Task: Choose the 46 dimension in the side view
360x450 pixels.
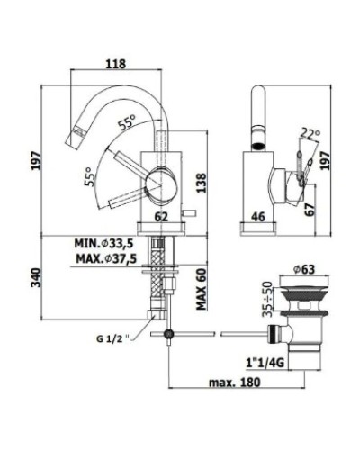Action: tap(256, 217)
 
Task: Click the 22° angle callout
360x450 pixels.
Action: tap(310, 132)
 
